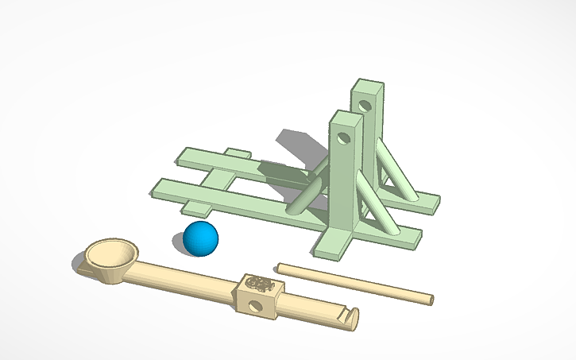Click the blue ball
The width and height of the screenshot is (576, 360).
point(200,238)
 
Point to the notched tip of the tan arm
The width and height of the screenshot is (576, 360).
point(350,319)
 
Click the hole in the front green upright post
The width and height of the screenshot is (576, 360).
point(343,138)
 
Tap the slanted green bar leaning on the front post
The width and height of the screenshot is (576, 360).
point(306,195)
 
